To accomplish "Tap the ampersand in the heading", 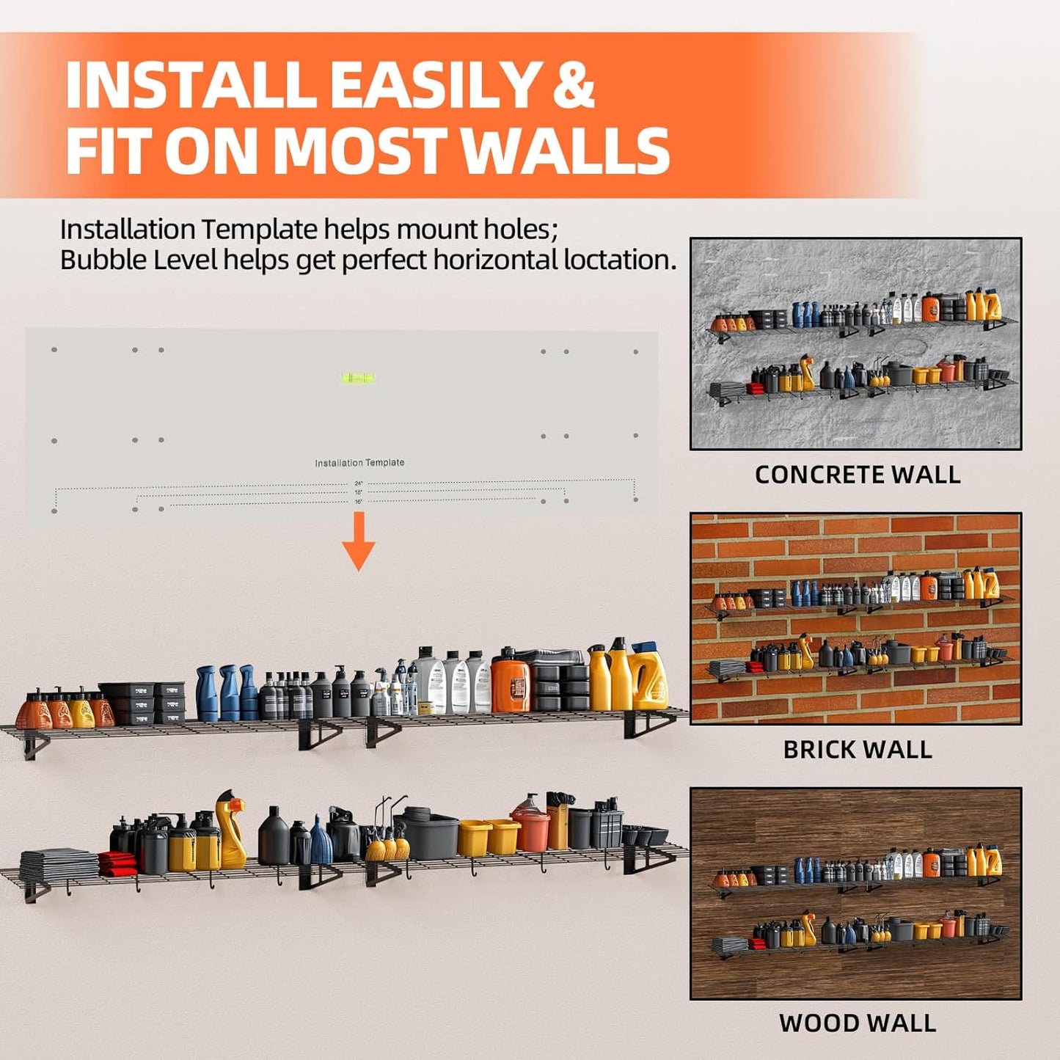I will point(573,86).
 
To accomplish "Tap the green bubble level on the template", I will point(357,379).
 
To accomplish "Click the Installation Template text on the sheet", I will point(359,463).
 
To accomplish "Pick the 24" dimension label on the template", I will point(359,483).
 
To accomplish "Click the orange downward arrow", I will point(359,541).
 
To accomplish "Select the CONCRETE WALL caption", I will point(857,475).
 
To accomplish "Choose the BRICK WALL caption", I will point(857,750).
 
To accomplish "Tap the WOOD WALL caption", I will point(857,1023).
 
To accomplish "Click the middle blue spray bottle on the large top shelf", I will point(229,693).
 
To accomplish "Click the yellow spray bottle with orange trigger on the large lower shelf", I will point(230,829).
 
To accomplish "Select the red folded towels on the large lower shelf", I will point(117,863).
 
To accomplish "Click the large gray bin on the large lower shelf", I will point(431,834).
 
